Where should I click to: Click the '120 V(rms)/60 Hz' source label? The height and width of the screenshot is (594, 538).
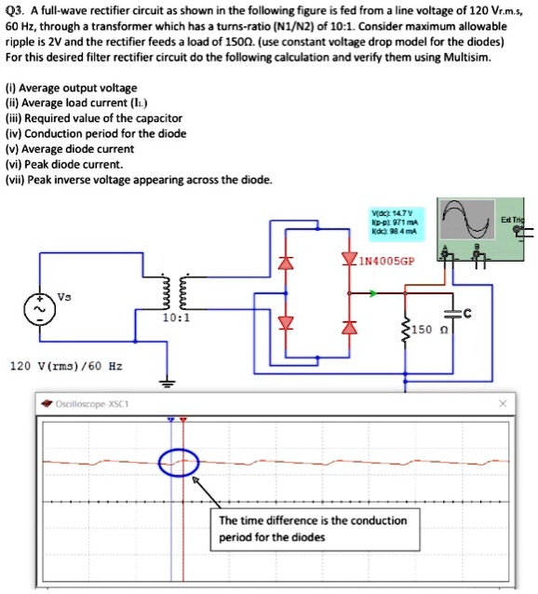coord(65,366)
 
